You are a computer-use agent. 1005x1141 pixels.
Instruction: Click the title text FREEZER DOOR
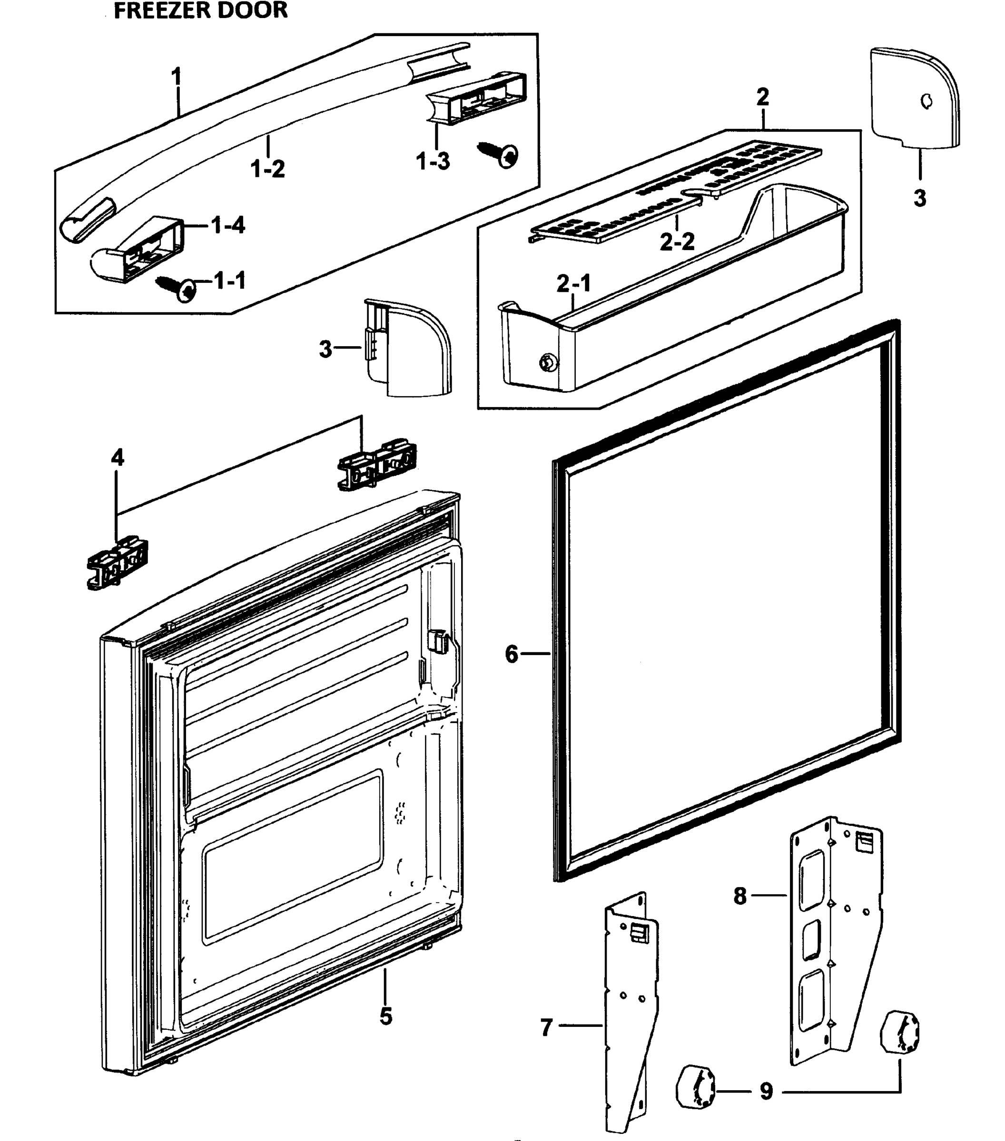200,10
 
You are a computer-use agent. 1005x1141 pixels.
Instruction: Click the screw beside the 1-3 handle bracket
502,154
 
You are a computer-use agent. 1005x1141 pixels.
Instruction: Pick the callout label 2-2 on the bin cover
677,242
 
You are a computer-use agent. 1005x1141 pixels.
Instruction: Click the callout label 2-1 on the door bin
573,284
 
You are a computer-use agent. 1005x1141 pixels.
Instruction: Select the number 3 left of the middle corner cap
325,349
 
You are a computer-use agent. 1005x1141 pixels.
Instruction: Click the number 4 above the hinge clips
118,458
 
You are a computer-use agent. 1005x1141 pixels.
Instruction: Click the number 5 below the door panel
386,1016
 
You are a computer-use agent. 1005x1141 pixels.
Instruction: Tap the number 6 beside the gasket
512,654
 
